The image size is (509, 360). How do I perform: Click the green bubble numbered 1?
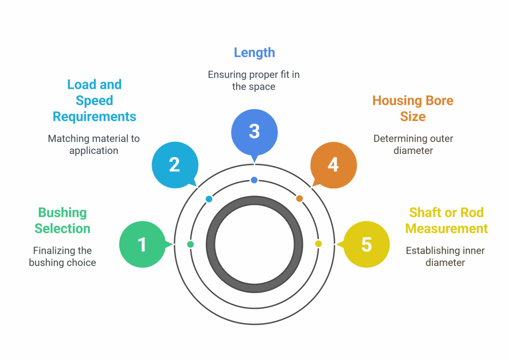142,244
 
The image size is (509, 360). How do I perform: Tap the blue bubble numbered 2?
175,165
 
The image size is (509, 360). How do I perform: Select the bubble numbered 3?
254,132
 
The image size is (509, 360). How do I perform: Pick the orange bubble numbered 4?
333,165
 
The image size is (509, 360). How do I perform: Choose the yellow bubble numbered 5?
367,244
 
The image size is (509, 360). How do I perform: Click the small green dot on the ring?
191,244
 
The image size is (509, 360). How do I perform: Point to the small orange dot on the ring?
300,199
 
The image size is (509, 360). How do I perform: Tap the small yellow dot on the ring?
318,244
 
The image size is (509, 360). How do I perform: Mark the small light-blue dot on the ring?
209,199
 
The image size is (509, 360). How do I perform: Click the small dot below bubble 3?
254,180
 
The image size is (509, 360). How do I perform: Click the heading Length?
254,53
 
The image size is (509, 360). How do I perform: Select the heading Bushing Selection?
62,220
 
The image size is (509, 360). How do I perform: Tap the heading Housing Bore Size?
413,108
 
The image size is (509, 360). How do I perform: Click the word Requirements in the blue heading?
94,117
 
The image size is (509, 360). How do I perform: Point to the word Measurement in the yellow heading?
446,229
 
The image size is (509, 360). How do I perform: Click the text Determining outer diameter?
413,145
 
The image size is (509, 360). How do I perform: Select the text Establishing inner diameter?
445,257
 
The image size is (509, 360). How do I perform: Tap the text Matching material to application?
94,145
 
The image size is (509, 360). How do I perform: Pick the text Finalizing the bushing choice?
62,257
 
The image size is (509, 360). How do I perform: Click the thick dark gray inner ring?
254,200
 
